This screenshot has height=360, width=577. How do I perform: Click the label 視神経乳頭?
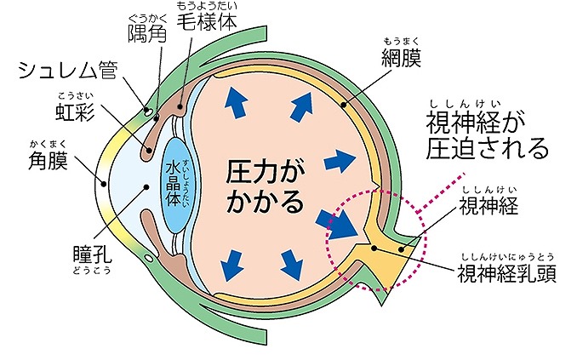tap(506, 274)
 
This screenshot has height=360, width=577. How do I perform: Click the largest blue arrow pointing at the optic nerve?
tap(339, 225)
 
